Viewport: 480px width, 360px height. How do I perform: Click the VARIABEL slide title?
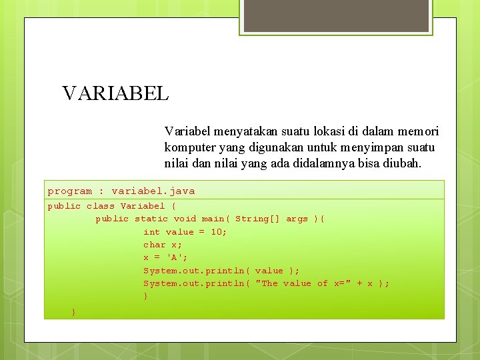point(115,93)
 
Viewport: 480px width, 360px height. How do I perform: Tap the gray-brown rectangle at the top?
point(335,16)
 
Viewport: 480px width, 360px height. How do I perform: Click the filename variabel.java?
point(153,191)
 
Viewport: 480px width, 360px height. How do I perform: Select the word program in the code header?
point(69,191)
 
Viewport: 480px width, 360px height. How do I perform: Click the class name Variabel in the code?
point(142,207)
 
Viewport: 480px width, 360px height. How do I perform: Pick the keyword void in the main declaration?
point(185,219)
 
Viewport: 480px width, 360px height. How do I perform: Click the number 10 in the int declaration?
point(217,232)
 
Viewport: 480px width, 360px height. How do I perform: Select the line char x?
point(163,245)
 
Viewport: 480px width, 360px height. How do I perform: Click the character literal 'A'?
point(175,257)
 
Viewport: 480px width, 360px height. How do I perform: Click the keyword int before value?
point(151,232)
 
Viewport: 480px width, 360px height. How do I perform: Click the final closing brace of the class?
point(73,311)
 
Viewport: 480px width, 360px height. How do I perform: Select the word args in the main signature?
point(297,219)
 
